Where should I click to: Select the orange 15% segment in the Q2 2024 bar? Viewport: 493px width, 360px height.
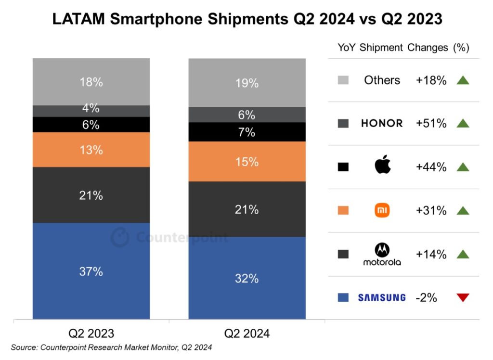(247, 162)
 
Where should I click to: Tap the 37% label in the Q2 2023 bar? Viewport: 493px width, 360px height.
(91, 271)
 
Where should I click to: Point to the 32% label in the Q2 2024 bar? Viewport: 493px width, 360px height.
(247, 278)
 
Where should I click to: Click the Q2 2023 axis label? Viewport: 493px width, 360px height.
(91, 333)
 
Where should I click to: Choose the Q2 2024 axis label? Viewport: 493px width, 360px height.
(247, 333)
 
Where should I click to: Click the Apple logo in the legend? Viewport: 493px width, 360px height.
(382, 167)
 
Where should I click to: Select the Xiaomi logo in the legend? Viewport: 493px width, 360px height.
(382, 210)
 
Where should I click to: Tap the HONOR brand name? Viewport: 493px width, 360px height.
(382, 123)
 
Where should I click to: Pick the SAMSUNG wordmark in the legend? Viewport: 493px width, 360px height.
(382, 298)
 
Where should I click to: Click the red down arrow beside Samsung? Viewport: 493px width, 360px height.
(463, 298)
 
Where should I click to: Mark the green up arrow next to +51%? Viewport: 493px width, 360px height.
(463, 123)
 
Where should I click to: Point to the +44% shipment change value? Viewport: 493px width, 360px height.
(431, 167)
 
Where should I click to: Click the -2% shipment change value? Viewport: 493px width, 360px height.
(426, 298)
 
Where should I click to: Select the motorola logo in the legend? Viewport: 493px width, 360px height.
(382, 255)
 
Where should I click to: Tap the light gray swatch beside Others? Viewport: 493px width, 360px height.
(343, 80)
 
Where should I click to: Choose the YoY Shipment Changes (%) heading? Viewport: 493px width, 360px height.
(403, 48)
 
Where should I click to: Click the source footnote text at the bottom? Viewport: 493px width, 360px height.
(111, 347)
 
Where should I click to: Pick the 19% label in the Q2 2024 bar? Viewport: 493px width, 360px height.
(247, 83)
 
